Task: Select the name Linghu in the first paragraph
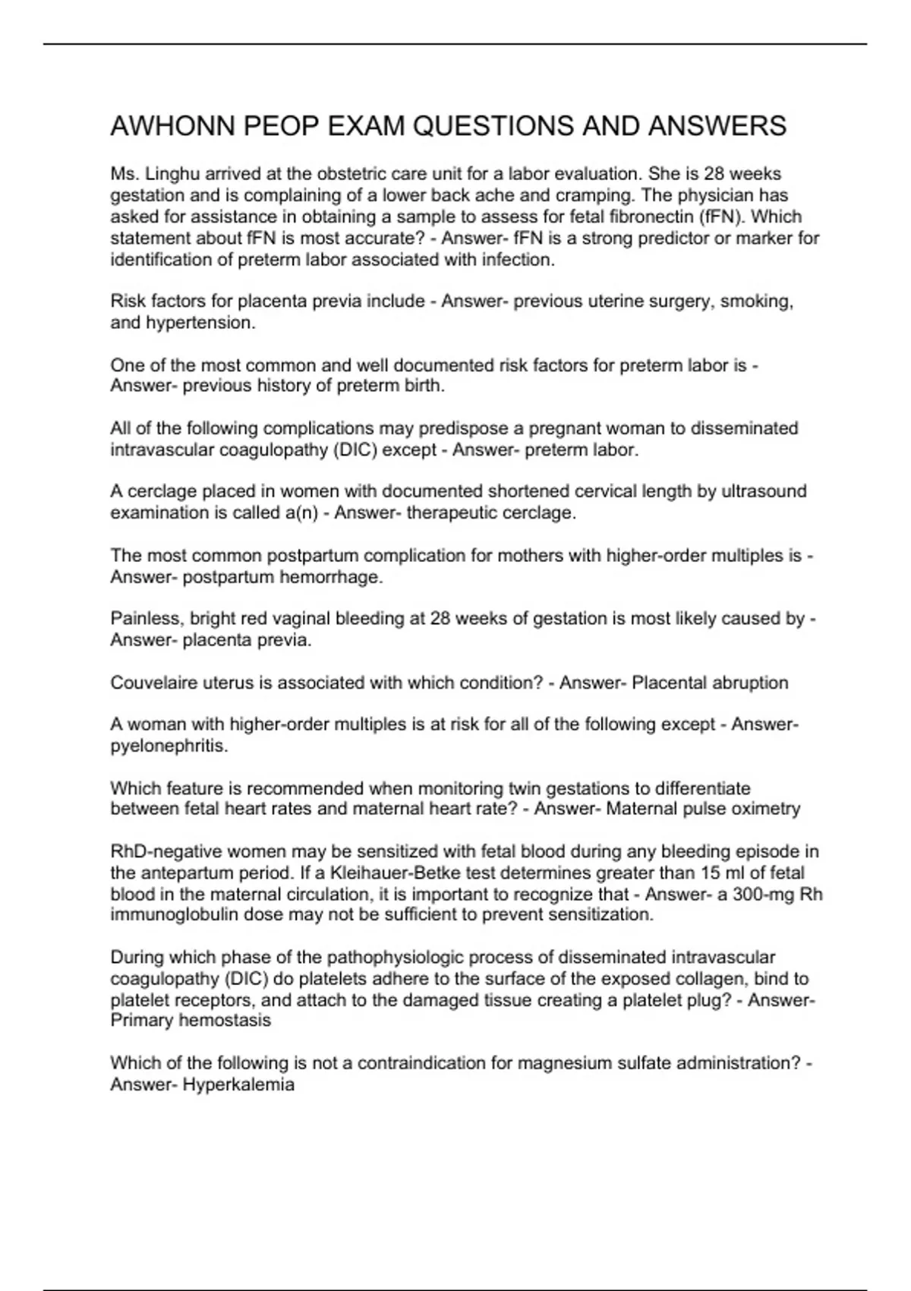pyautogui.click(x=172, y=174)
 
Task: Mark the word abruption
pyautogui.click(x=749, y=683)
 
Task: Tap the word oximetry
pyautogui.click(x=765, y=809)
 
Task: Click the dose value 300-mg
pyautogui.click(x=763, y=894)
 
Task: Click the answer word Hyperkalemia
pyautogui.click(x=238, y=1084)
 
